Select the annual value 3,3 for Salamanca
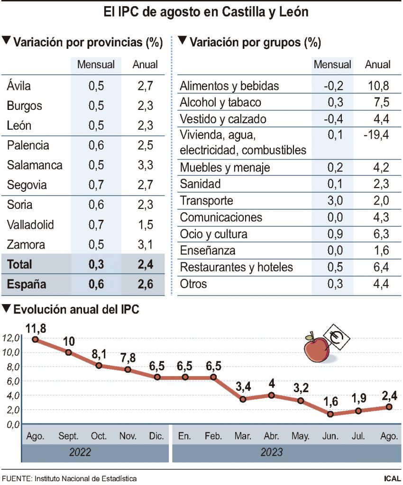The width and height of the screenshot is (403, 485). click(x=143, y=165)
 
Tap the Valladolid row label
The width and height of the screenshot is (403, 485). click(x=30, y=225)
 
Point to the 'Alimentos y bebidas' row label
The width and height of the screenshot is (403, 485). click(x=236, y=86)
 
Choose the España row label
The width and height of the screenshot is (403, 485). click(x=27, y=284)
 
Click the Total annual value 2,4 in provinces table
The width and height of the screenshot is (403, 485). click(x=143, y=264)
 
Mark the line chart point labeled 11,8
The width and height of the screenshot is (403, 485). click(x=36, y=339)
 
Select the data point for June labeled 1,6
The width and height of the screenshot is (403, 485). click(x=330, y=414)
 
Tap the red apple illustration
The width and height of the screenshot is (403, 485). click(x=316, y=348)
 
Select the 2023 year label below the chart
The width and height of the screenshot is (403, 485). click(x=271, y=453)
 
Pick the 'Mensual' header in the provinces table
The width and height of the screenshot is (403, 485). click(x=96, y=64)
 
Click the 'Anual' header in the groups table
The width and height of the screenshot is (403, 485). click(x=377, y=64)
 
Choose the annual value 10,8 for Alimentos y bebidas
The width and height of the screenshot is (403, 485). click(x=378, y=86)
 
